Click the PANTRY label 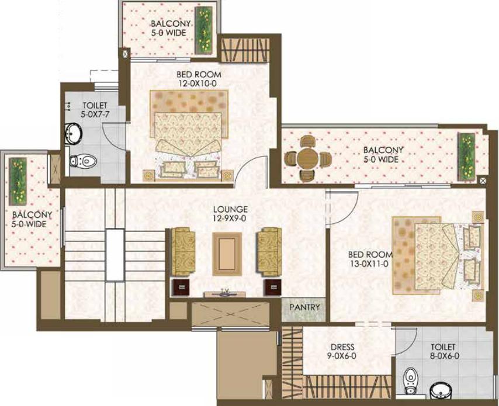click(x=304, y=307)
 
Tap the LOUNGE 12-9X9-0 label click(x=230, y=214)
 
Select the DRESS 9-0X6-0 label click(x=342, y=352)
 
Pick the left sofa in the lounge click(x=183, y=252)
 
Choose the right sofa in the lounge click(x=269, y=251)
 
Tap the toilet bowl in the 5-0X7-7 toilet click(x=82, y=161)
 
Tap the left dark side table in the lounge click(x=181, y=287)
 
